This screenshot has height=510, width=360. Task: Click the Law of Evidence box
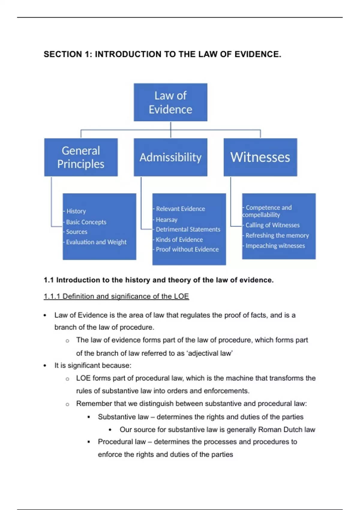pos(170,102)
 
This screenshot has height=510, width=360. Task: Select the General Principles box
pos(81,157)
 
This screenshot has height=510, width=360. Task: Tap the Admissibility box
pos(170,157)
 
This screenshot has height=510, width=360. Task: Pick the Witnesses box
pos(260,157)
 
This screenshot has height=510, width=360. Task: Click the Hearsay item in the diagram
pos(166,220)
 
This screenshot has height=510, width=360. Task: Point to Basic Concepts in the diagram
pos(86,222)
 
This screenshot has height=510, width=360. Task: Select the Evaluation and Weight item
pos(96,242)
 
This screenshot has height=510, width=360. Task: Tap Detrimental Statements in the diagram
pos(188,229)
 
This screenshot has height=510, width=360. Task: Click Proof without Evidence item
pos(187,249)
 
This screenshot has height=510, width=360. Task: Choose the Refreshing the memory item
pos(277,235)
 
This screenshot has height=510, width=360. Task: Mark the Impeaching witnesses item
pos(275,246)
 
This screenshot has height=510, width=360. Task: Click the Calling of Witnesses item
pos(272,225)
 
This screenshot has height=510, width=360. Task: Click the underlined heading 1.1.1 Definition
pos(116,296)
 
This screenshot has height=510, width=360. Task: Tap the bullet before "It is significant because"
pos(45,366)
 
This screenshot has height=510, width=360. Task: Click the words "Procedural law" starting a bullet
pos(121,442)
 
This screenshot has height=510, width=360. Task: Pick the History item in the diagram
pos(76,211)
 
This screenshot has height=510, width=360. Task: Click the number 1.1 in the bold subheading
pos(48,280)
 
